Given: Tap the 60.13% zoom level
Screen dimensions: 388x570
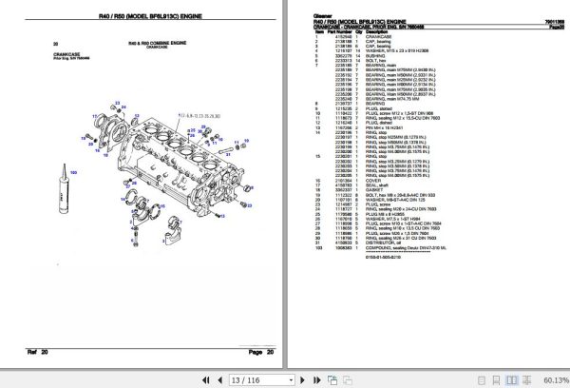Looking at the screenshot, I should pos(552,379).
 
